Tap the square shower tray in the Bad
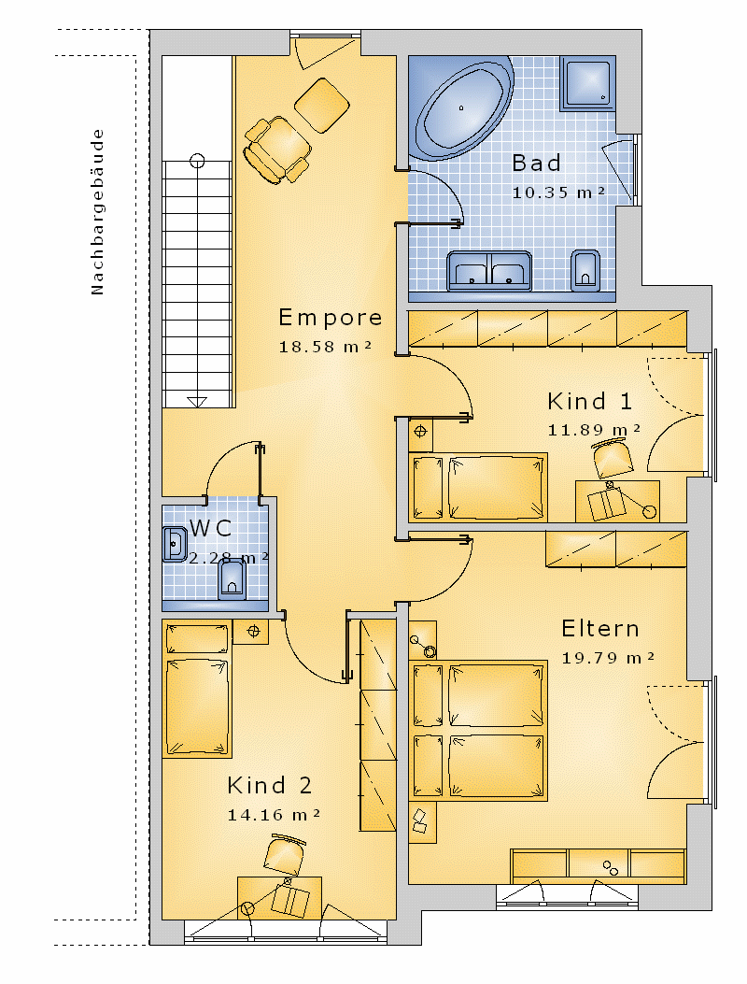(x=587, y=84)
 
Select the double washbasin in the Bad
(x=489, y=271)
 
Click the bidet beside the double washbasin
(x=585, y=270)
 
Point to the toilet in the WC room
(x=232, y=578)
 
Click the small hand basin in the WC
(x=175, y=544)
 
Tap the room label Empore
(x=330, y=318)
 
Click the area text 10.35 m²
(x=558, y=193)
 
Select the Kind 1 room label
(x=589, y=401)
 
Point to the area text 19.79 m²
(x=608, y=658)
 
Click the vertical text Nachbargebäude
(x=96, y=211)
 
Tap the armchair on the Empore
(x=277, y=150)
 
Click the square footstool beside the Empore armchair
(x=322, y=106)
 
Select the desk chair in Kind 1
(x=612, y=458)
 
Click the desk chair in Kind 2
(x=284, y=855)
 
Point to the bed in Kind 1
(x=477, y=487)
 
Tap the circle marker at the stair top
(x=197, y=162)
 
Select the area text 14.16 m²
(x=274, y=815)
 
